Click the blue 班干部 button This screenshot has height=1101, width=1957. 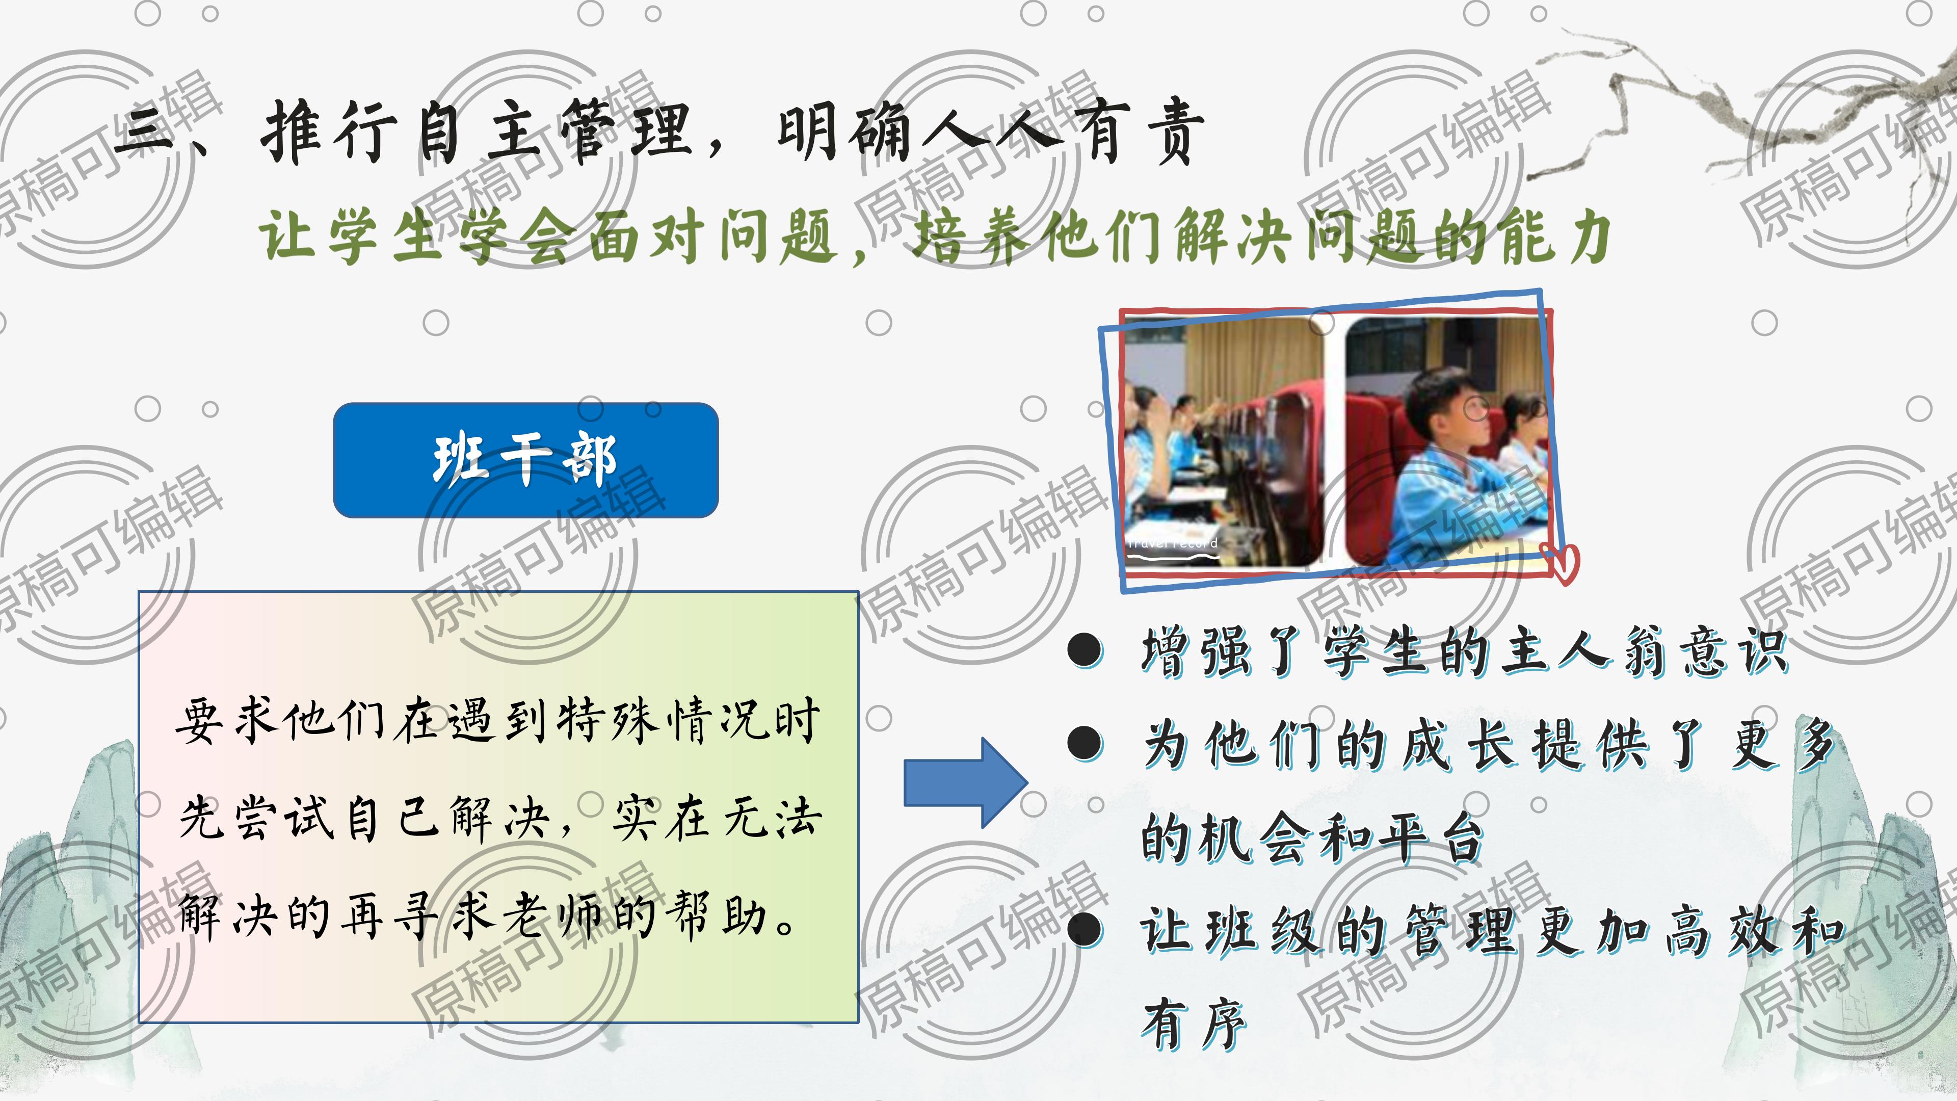point(526,460)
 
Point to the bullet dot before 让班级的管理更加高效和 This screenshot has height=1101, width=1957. point(1085,929)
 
